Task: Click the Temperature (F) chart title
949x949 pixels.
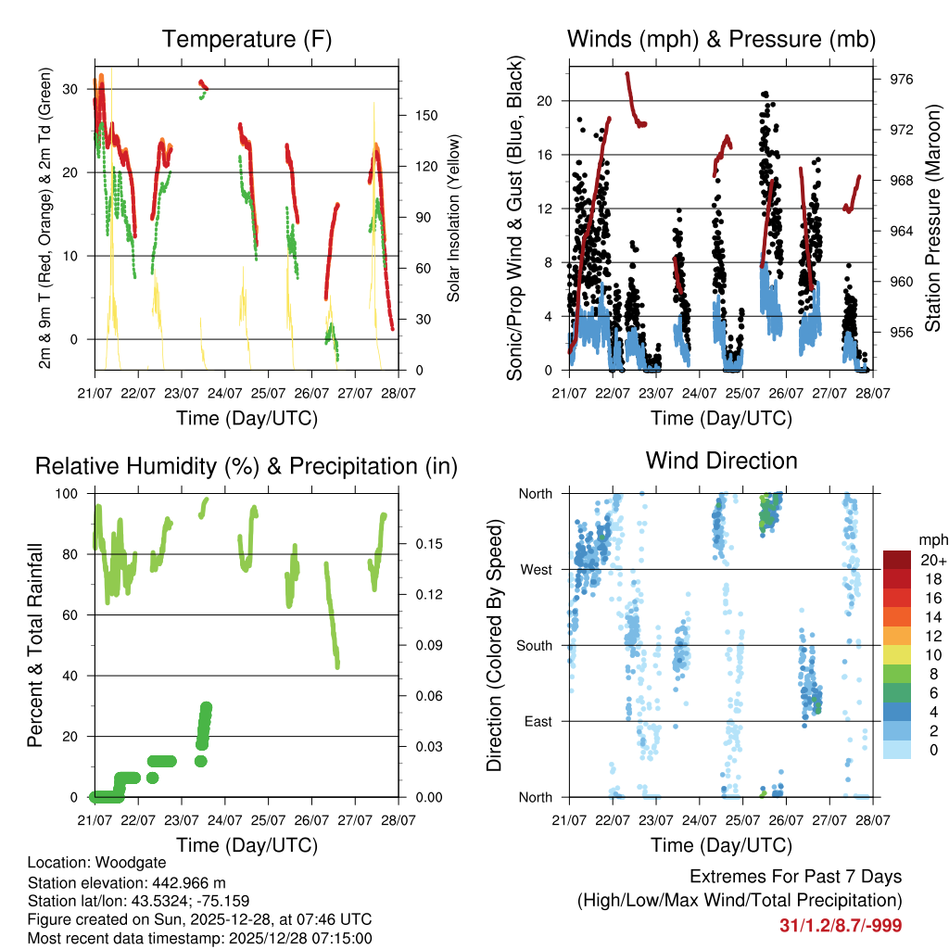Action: click(247, 39)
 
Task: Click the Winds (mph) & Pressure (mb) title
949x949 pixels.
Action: click(721, 39)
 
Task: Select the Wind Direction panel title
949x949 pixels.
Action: click(721, 461)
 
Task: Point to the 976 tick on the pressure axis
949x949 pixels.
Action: click(902, 80)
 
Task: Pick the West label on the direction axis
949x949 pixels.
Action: click(536, 569)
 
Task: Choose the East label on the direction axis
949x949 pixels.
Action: click(538, 721)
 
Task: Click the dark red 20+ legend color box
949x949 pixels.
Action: click(897, 560)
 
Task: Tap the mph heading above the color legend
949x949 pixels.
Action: click(932, 539)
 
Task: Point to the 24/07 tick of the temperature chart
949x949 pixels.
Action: click(224, 394)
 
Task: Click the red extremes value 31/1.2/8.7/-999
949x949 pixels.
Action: click(841, 925)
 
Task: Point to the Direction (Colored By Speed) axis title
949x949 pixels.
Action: click(495, 644)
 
